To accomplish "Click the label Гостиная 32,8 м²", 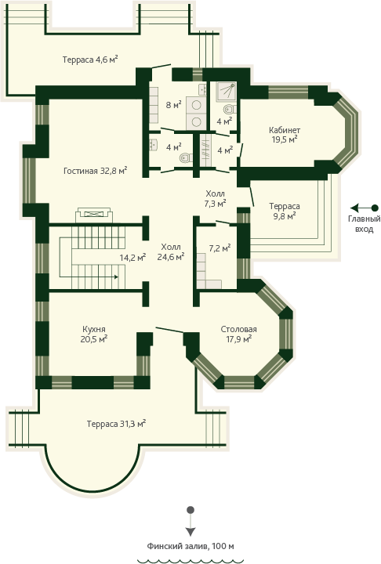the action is (96, 171).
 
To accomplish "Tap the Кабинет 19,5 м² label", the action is (285, 135).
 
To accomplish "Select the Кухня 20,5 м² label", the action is (94, 334).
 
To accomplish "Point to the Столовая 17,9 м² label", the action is (239, 334).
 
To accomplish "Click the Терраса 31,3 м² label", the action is (116, 424).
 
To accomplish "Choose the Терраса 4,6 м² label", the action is (90, 60).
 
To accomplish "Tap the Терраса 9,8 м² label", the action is (285, 211).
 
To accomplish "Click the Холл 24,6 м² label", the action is (171, 251).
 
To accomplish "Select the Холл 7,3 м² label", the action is (216, 199).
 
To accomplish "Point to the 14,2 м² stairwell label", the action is (132, 257).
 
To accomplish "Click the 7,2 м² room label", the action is (220, 248).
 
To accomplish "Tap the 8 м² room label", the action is (173, 105).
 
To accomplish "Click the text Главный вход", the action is (364, 224).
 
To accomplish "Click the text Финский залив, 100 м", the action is (190, 546).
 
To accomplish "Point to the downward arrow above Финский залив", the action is (190, 521).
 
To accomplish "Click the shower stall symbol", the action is (226, 92).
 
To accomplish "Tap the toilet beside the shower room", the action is (230, 109).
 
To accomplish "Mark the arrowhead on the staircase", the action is (116, 277).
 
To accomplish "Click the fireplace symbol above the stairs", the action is (94, 214).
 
